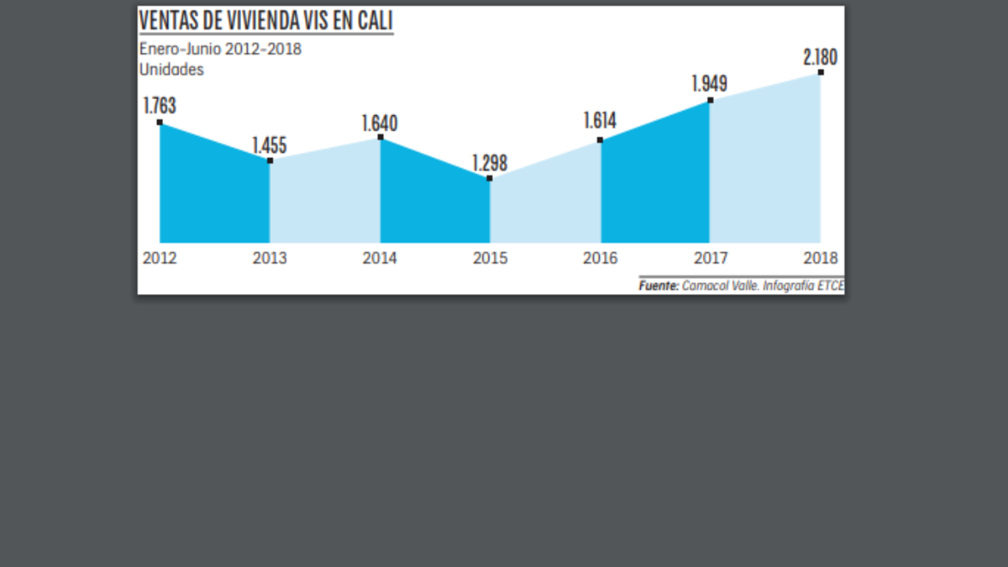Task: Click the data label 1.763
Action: tap(160, 107)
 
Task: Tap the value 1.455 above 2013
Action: tap(270, 144)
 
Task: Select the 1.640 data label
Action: tap(380, 123)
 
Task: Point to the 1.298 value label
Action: tap(490, 163)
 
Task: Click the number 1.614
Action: tap(600, 121)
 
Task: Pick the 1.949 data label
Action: tap(710, 84)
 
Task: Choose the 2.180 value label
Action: tap(821, 58)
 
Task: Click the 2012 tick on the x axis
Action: tap(160, 258)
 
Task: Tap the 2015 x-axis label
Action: tap(490, 258)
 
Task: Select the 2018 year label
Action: tap(821, 258)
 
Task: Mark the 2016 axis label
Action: tap(600, 258)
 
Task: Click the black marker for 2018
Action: tap(821, 72)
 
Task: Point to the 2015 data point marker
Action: tap(490, 178)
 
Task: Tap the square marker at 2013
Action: tap(270, 160)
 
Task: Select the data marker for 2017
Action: tap(710, 100)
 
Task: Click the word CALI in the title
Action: tap(373, 20)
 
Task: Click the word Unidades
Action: tap(171, 70)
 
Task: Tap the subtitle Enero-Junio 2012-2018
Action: tap(220, 49)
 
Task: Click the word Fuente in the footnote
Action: tap(659, 286)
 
